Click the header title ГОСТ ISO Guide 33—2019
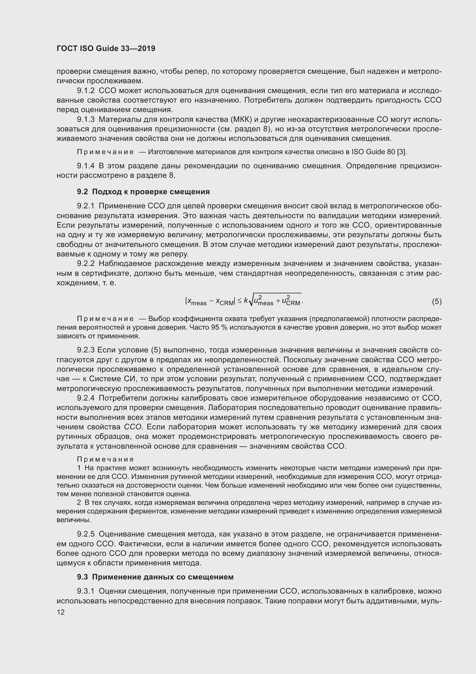tap(106, 48)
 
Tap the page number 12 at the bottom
tap(61, 612)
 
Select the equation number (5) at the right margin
tap(437, 301)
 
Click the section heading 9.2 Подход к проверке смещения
tap(143, 192)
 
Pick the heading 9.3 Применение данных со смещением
tap(155, 577)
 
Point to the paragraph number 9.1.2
tap(85, 91)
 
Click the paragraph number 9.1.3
tap(85, 120)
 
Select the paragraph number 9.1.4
tap(85, 166)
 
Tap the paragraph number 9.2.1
tap(85, 206)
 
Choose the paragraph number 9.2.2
tap(85, 264)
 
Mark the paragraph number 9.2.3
tap(85, 350)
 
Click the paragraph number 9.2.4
tap(85, 398)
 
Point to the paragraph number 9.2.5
tap(85, 534)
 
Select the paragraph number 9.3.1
tap(85, 591)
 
